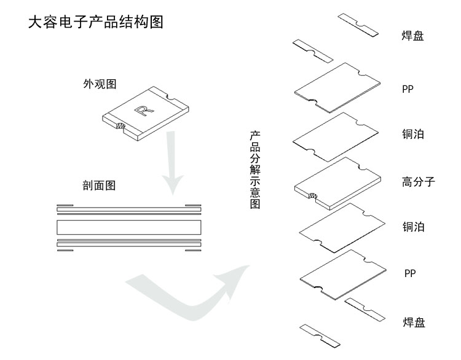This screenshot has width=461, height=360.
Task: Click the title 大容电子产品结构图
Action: pyautogui.click(x=95, y=23)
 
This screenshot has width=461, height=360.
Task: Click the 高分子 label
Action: pyautogui.click(x=418, y=181)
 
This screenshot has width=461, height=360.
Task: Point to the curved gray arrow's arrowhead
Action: pyautogui.click(x=237, y=275)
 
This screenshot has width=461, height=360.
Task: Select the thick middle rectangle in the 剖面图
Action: pyautogui.click(x=128, y=227)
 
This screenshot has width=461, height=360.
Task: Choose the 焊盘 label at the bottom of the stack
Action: pyautogui.click(x=413, y=322)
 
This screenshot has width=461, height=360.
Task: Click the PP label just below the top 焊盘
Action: pyautogui.click(x=408, y=89)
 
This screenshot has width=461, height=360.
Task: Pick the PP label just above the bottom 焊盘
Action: pyautogui.click(x=410, y=273)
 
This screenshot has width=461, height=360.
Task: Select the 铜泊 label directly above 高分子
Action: pyautogui.click(x=413, y=134)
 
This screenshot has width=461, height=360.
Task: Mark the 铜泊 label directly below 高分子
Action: pyautogui.click(x=413, y=227)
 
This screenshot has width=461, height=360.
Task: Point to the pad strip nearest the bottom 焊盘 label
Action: pyautogui.click(x=365, y=309)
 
